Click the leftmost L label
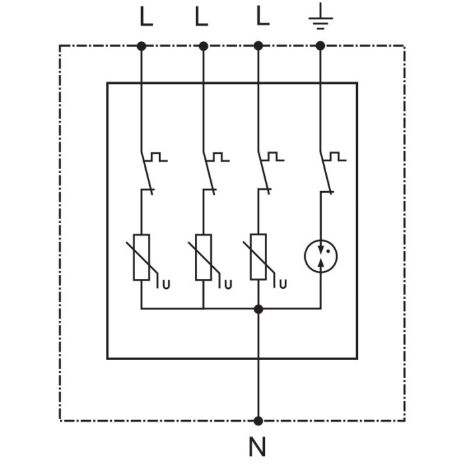click(146, 16)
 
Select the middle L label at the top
click(202, 16)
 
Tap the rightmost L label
click(263, 16)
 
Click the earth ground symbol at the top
click(320, 18)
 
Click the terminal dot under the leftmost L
click(141, 45)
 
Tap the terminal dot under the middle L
click(203, 45)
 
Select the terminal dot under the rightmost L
click(258, 45)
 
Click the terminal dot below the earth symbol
click(320, 45)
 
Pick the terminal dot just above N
click(258, 420)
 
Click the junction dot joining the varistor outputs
click(258, 309)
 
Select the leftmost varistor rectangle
click(142, 257)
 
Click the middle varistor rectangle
click(203, 257)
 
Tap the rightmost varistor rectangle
click(258, 257)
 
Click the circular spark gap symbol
click(320, 256)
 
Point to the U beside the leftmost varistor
click(166, 285)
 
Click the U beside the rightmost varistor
click(283, 285)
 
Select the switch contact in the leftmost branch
click(146, 174)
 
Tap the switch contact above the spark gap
click(326, 174)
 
